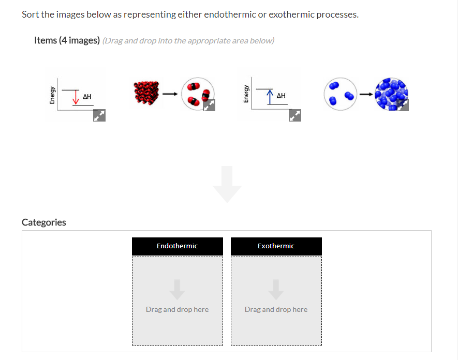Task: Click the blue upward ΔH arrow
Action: click(x=270, y=96)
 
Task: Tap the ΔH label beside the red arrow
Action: click(x=87, y=96)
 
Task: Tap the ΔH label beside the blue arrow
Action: click(x=281, y=96)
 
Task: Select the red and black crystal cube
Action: click(x=145, y=94)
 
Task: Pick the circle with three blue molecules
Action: click(x=339, y=94)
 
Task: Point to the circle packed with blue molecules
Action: click(x=392, y=94)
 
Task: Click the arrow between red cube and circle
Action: click(x=168, y=94)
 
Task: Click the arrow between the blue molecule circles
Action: click(x=366, y=94)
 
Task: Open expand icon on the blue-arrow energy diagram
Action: click(x=294, y=116)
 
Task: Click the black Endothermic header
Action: click(x=178, y=246)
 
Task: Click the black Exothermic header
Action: click(x=276, y=246)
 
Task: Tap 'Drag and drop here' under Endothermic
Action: click(x=178, y=309)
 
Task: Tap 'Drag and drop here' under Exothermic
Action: click(x=276, y=309)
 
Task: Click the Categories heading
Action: click(x=44, y=222)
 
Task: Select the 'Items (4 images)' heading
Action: click(x=67, y=40)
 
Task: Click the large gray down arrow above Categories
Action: click(x=227, y=184)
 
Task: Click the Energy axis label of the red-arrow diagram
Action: click(x=52, y=96)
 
